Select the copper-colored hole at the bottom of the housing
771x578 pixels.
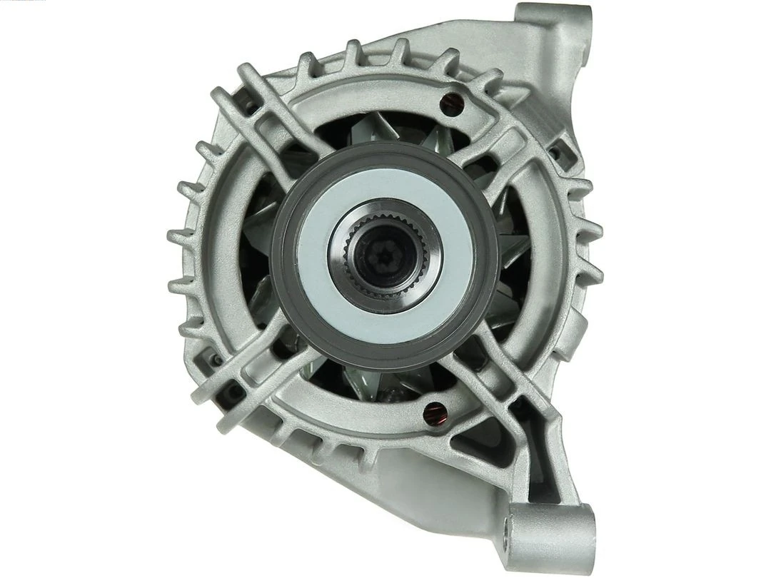tap(433, 412)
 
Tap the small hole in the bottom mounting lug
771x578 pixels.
tap(508, 529)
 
